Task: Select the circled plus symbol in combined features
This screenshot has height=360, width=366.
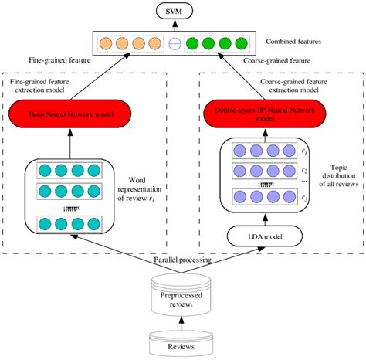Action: (175, 43)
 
